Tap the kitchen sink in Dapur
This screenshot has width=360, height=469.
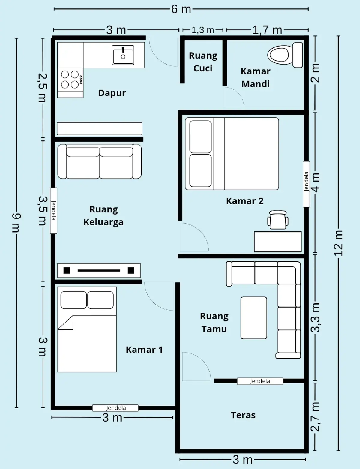click(123, 55)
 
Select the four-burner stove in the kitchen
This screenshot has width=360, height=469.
click(70, 80)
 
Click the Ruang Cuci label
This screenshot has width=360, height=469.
click(203, 62)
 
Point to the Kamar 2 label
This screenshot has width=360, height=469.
click(245, 201)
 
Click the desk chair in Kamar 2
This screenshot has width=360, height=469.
click(278, 220)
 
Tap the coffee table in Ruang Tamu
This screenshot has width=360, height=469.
click(254, 318)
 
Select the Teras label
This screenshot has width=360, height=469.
click(243, 415)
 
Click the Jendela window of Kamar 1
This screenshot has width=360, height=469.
click(115, 408)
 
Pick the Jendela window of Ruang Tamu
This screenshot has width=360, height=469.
click(260, 381)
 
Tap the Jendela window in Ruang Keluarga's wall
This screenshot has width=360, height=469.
click(54, 210)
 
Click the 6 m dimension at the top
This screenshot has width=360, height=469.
click(181, 9)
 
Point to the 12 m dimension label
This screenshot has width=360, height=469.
click(339, 243)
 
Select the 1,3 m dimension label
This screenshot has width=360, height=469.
click(203, 30)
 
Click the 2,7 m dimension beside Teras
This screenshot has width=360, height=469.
click(316, 417)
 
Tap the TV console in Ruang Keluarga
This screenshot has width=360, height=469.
click(99, 270)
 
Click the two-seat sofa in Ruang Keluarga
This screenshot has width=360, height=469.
click(100, 161)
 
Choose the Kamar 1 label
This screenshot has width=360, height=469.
click(144, 350)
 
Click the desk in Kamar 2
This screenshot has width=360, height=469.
click(278, 242)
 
